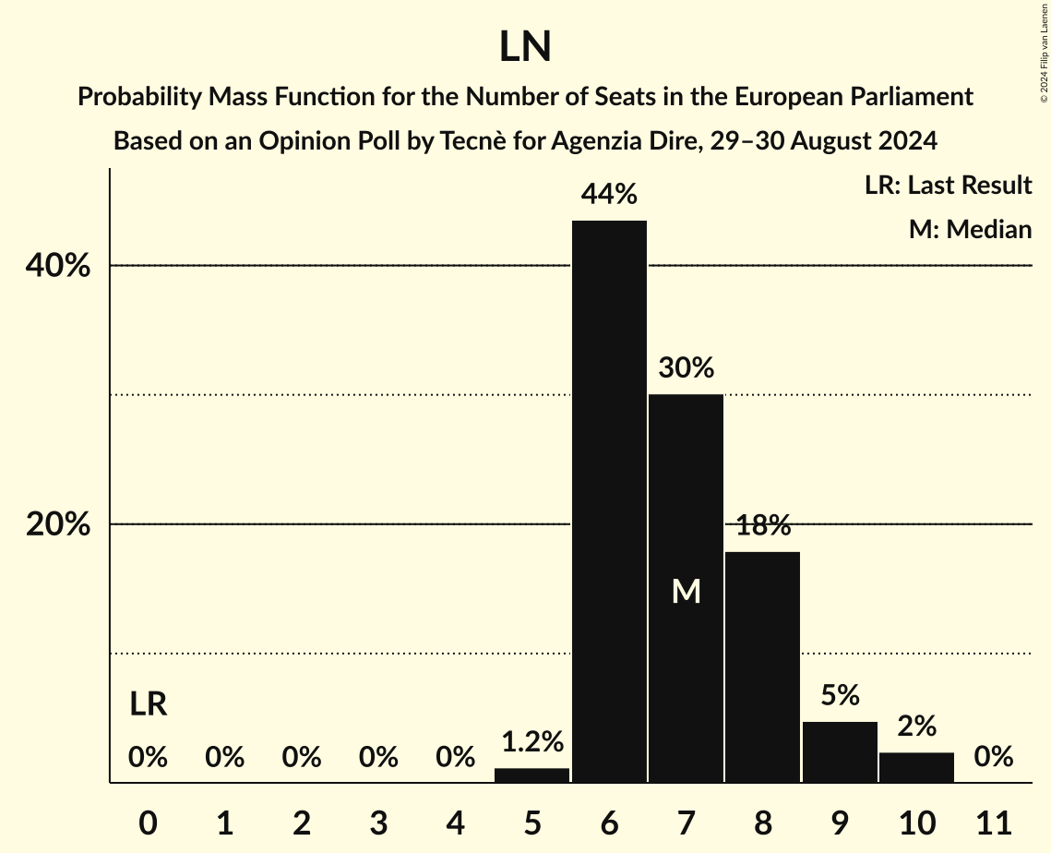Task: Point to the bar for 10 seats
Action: pos(916,767)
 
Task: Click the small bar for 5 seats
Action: pos(532,775)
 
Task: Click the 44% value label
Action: pos(609,195)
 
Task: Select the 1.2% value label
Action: pos(532,741)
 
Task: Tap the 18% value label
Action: pos(763,526)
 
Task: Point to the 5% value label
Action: pos(840,696)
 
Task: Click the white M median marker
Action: pos(686,592)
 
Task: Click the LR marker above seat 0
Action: pos(148,705)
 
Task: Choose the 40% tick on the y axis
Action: pos(56,266)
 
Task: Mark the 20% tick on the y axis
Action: pos(56,524)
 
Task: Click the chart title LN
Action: pos(525,48)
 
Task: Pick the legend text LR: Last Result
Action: pos(948,186)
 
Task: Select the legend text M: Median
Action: pos(970,229)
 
